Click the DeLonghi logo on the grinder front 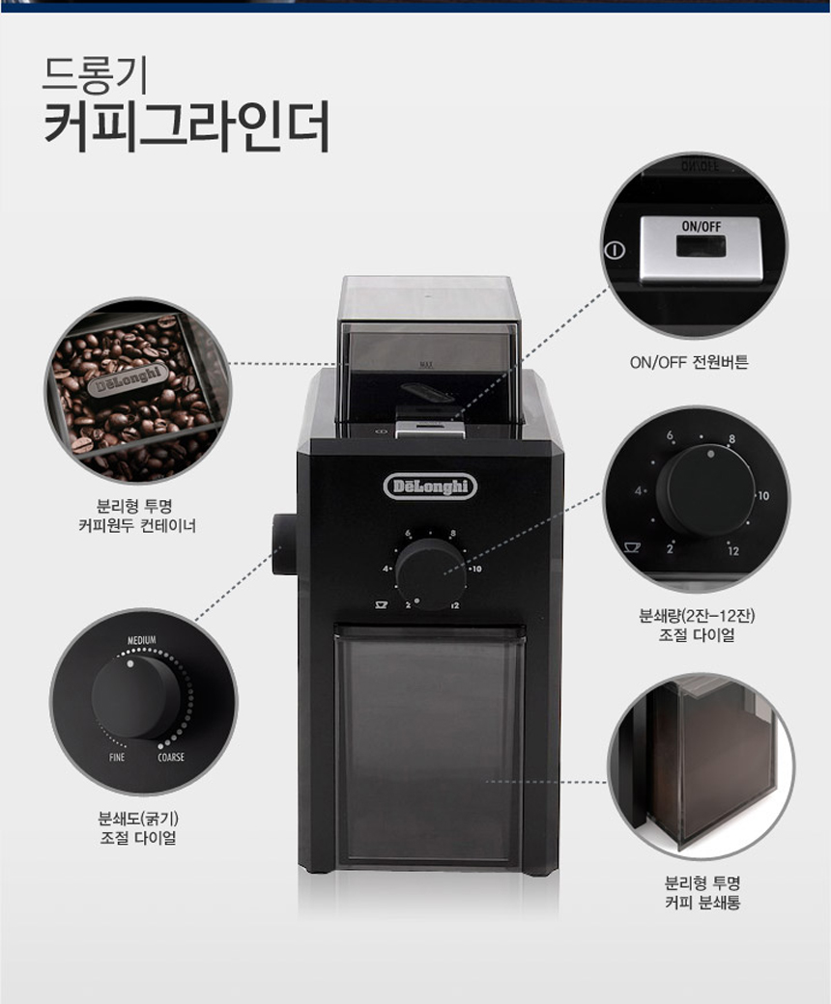point(430,487)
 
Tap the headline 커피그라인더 point(186,125)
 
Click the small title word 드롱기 point(96,73)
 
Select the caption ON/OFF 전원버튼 point(689,362)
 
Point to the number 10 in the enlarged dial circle point(762,495)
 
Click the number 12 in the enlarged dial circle point(733,550)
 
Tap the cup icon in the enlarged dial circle point(632,547)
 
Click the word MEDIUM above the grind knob point(142,640)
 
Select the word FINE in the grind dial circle point(117,758)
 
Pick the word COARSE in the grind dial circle point(171,758)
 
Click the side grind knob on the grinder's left point(284,544)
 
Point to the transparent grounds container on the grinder point(429,746)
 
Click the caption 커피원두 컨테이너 point(136,526)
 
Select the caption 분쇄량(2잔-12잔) point(697,616)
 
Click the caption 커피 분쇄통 point(702,904)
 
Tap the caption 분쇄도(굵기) point(138,819)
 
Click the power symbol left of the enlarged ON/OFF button point(615,250)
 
